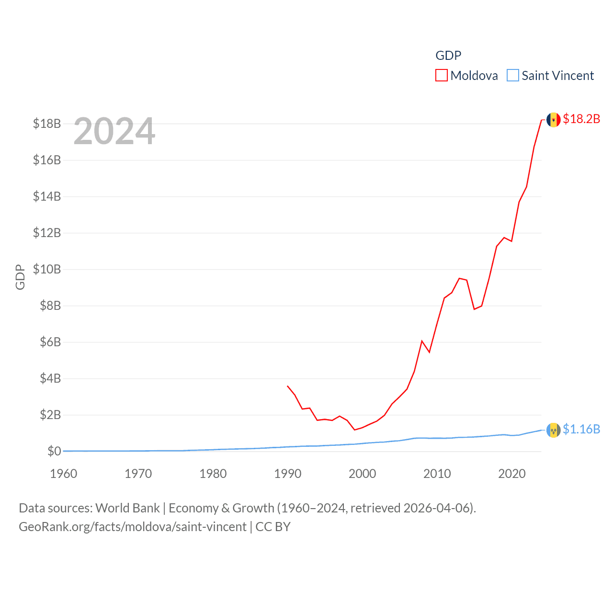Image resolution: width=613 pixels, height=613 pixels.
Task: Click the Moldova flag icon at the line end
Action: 553,119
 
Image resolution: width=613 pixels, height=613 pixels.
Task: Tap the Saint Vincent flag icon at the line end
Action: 553,430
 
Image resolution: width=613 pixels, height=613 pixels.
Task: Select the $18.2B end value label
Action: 581,119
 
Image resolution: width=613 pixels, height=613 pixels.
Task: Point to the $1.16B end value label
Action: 581,429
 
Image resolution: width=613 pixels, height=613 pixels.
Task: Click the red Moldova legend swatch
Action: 441,76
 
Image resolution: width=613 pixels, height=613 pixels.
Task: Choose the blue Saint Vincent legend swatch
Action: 512,76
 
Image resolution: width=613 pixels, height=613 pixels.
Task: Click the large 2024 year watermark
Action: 114,131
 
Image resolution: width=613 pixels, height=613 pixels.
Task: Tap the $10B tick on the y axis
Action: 47,269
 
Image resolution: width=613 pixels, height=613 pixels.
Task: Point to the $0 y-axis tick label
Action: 54,451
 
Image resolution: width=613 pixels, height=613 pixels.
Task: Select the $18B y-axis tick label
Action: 47,124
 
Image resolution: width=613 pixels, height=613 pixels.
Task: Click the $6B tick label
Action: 50,342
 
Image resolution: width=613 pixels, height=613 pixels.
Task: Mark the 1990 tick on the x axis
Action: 287,474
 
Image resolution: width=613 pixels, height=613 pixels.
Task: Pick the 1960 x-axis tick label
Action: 64,474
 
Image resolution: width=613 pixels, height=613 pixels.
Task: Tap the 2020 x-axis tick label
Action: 511,474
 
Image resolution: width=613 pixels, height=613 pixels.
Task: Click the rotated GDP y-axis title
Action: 20,277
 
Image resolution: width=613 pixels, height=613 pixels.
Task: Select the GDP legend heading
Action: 448,56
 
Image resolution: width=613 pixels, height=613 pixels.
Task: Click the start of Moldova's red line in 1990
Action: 287,386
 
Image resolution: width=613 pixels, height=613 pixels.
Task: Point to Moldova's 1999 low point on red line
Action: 355,430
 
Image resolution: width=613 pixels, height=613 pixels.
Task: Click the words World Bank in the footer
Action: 127,508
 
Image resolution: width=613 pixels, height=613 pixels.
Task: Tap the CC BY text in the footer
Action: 273,527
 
